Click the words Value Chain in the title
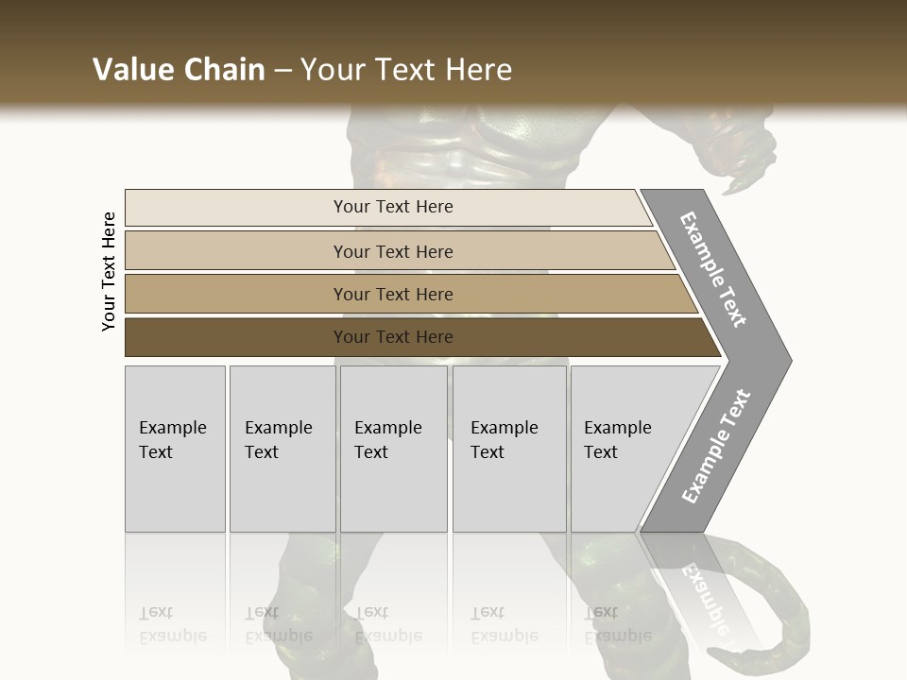point(179,70)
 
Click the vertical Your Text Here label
point(109,271)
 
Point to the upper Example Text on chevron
point(714,269)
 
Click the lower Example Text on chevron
point(715,447)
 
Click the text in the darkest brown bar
point(393,337)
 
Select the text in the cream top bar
point(393,207)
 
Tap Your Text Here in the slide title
point(406,70)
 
